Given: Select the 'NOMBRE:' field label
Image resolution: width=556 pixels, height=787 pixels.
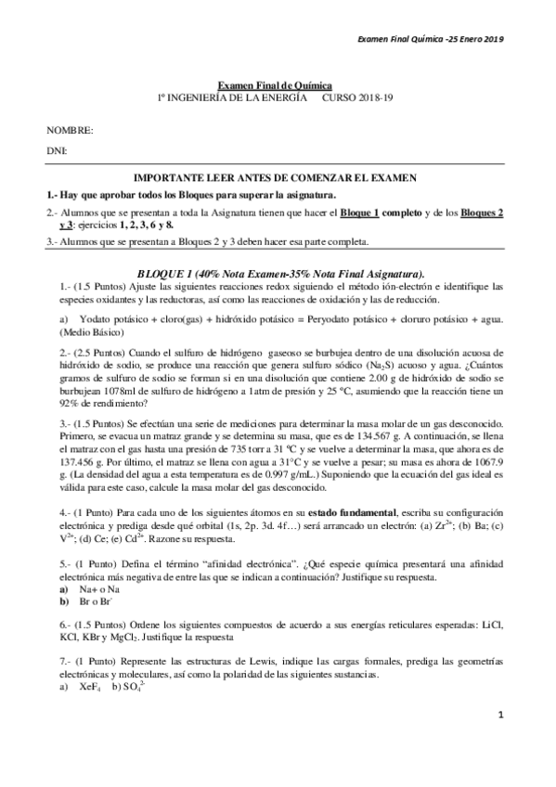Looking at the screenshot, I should pos(70,130).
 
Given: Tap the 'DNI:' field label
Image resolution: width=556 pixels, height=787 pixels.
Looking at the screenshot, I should pos(58,149).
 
